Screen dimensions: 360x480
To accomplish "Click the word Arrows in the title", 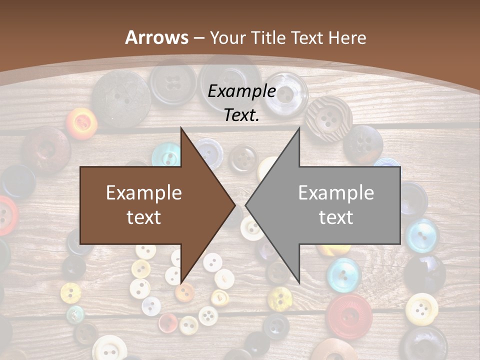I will coord(157,37).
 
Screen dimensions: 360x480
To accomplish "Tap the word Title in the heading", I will coord(268,37).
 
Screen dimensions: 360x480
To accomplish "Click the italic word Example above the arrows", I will coord(241,91).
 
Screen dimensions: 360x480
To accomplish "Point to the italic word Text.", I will coord(241,115).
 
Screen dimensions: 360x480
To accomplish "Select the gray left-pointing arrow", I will coord(330,205).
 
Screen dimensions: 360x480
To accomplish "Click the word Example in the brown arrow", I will coord(144,193).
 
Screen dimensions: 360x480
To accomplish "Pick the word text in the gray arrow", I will coord(336,217).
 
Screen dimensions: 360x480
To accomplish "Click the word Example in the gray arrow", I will coord(336,193).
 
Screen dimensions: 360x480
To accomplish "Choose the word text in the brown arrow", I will coord(144,217).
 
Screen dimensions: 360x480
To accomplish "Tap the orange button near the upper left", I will coord(81,121).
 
